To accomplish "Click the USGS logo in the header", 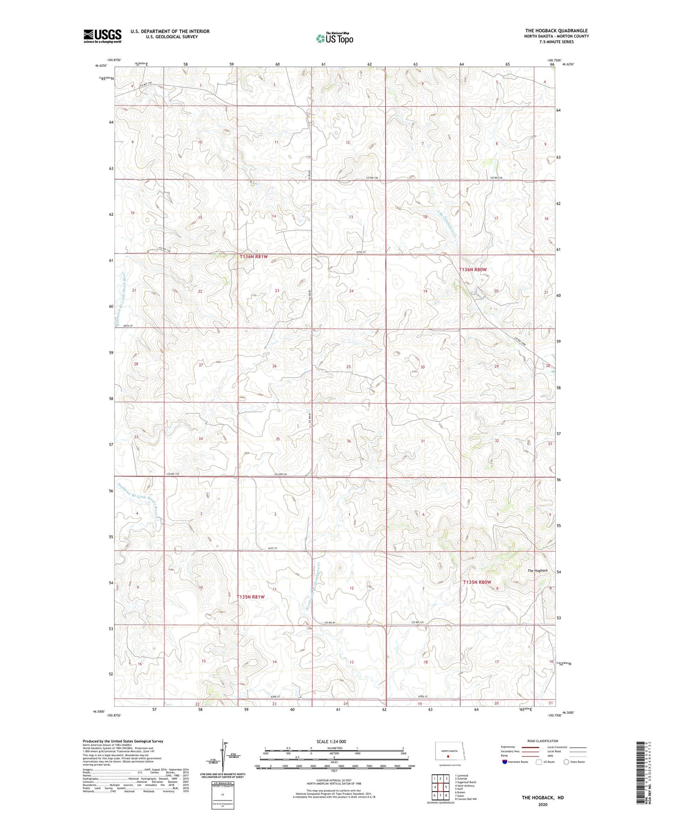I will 102,36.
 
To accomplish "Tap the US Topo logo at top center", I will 334,38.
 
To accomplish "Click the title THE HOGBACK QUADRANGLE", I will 557,31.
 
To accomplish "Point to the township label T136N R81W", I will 254,257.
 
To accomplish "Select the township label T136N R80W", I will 473,269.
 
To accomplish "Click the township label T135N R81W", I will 251,597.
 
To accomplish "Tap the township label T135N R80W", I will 477,582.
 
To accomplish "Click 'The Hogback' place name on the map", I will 537,571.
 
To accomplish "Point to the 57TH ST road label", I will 361,252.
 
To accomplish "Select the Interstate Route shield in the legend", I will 505,762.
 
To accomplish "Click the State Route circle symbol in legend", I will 566,762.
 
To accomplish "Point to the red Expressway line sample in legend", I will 530,747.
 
